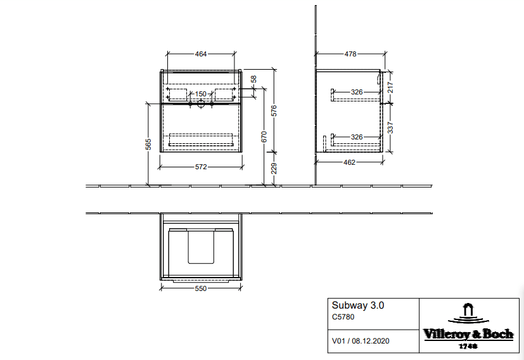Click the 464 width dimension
(201, 54)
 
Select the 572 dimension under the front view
(201, 167)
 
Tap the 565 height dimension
(148, 144)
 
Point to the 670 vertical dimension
(264, 137)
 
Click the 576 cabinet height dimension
(274, 111)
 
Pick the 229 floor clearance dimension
(274, 168)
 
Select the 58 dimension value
(253, 79)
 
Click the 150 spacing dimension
(200, 94)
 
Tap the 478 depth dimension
(350, 54)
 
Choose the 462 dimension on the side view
(349, 162)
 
